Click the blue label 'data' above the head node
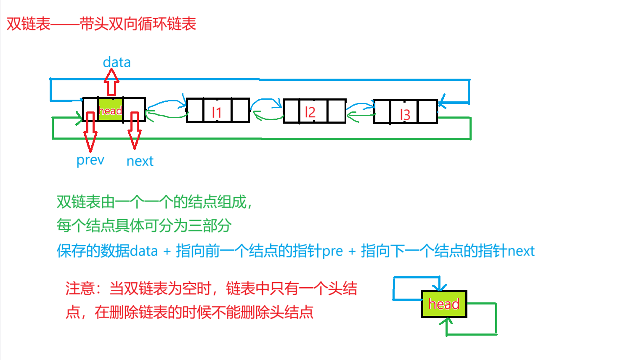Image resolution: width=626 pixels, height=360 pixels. coord(117,62)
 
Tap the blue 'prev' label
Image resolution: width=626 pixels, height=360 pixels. coord(90,160)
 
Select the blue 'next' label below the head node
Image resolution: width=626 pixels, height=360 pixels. coord(140,161)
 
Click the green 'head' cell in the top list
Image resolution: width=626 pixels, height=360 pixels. coord(110,110)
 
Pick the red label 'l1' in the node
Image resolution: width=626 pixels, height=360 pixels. coord(217,112)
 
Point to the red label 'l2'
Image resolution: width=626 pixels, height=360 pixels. coord(310,112)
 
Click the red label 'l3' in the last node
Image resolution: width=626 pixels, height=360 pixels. coord(405,114)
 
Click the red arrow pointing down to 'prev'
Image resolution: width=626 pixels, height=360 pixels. coord(90,132)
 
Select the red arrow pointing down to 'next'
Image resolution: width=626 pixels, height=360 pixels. coord(135,130)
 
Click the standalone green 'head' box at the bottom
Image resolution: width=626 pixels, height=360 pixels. coord(444,304)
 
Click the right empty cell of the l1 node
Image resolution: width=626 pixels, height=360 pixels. coord(240,110)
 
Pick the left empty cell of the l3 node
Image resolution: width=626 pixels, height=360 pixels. coord(382,111)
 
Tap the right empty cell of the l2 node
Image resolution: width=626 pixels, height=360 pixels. coord(336,111)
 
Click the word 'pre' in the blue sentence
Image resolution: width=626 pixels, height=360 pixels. coord(332,251)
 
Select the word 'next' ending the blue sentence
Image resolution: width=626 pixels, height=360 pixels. coord(521,251)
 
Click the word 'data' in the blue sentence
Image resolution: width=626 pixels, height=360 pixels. coord(143,251)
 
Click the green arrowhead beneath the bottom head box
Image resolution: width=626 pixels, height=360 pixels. coord(446,322)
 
